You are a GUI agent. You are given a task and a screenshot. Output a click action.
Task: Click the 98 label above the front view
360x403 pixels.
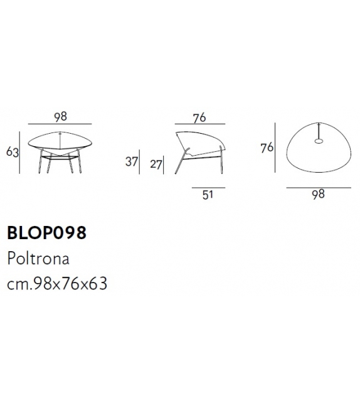coord(60,116)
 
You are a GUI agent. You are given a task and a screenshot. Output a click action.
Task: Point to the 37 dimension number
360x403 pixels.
coord(131,162)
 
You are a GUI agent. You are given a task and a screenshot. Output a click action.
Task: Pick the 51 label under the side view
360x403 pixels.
coord(208,194)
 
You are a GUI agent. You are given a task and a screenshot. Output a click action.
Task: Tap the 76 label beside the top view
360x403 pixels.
coord(267,148)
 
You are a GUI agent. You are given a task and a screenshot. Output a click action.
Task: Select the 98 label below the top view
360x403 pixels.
coord(318,194)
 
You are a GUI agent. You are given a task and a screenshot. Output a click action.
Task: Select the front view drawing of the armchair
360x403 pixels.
coord(60,151)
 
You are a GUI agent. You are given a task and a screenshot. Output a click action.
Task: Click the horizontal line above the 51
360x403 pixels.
coord(208,186)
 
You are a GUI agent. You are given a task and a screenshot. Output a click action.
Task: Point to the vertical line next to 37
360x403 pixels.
coord(141,162)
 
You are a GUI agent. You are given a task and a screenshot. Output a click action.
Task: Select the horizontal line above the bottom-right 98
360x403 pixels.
coord(318,186)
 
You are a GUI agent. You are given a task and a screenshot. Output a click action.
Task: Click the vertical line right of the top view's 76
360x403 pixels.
coord(275,148)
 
